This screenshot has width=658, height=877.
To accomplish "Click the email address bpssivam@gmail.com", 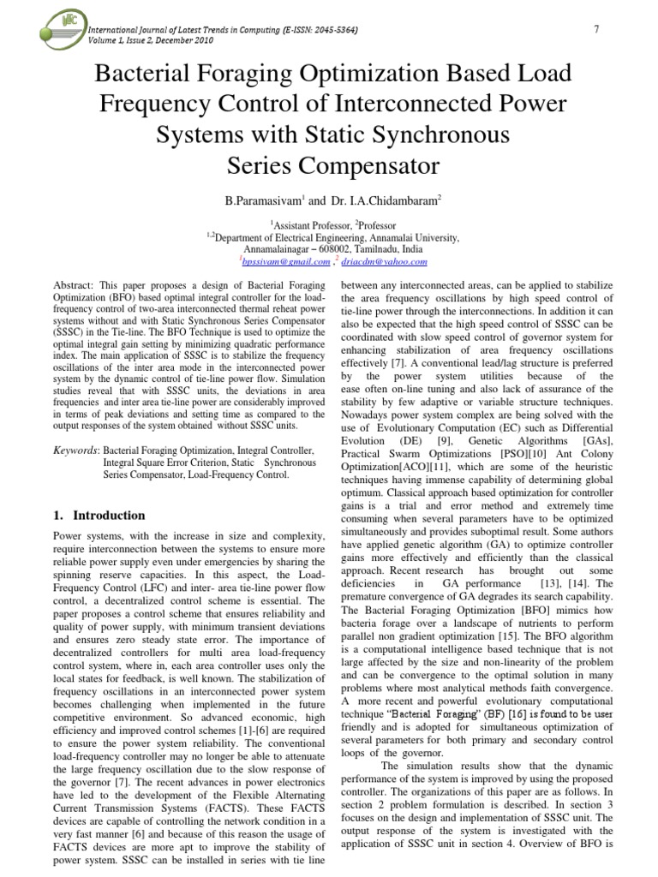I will pos(277,262).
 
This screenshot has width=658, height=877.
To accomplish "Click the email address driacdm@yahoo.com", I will pos(391,262).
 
